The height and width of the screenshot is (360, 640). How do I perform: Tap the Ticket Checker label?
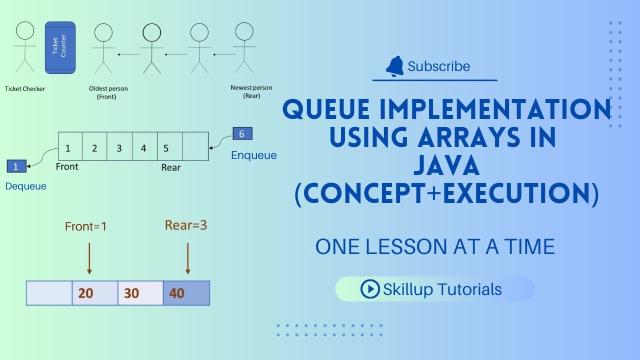click(25, 89)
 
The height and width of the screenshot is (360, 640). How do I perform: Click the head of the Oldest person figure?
click(103, 33)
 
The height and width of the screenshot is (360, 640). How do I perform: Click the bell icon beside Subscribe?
click(394, 66)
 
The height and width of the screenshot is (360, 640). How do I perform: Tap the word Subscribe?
click(438, 66)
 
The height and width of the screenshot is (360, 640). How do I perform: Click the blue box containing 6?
click(242, 133)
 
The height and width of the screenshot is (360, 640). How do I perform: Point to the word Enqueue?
click(253, 155)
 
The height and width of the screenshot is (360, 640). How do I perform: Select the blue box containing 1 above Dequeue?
click(16, 166)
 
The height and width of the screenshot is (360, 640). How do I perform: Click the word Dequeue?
click(25, 186)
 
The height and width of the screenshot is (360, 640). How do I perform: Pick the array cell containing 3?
click(119, 148)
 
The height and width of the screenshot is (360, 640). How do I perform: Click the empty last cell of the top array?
click(195, 146)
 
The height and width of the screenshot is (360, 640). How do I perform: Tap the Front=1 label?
click(86, 226)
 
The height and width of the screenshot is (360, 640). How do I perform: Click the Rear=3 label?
click(186, 225)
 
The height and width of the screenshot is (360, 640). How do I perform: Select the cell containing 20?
click(95, 293)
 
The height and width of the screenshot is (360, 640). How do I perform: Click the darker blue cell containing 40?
click(186, 293)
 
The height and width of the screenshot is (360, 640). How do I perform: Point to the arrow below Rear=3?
click(187, 258)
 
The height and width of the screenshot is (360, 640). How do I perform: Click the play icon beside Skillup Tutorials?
click(370, 289)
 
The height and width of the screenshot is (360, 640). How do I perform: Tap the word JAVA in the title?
click(446, 166)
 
